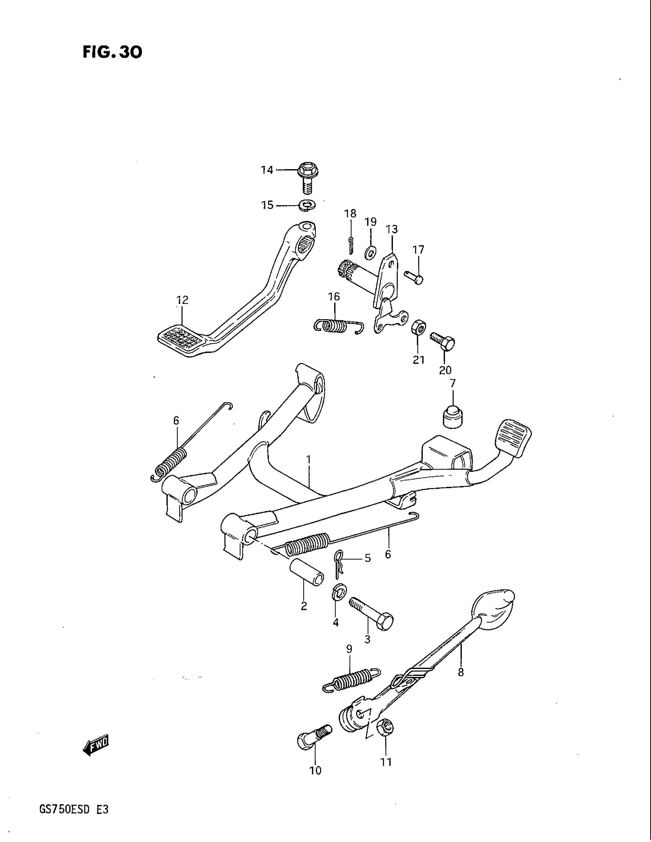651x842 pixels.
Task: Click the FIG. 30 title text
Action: (x=112, y=52)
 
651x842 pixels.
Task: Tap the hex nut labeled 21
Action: (x=418, y=328)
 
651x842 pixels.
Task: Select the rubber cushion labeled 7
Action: (x=453, y=417)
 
